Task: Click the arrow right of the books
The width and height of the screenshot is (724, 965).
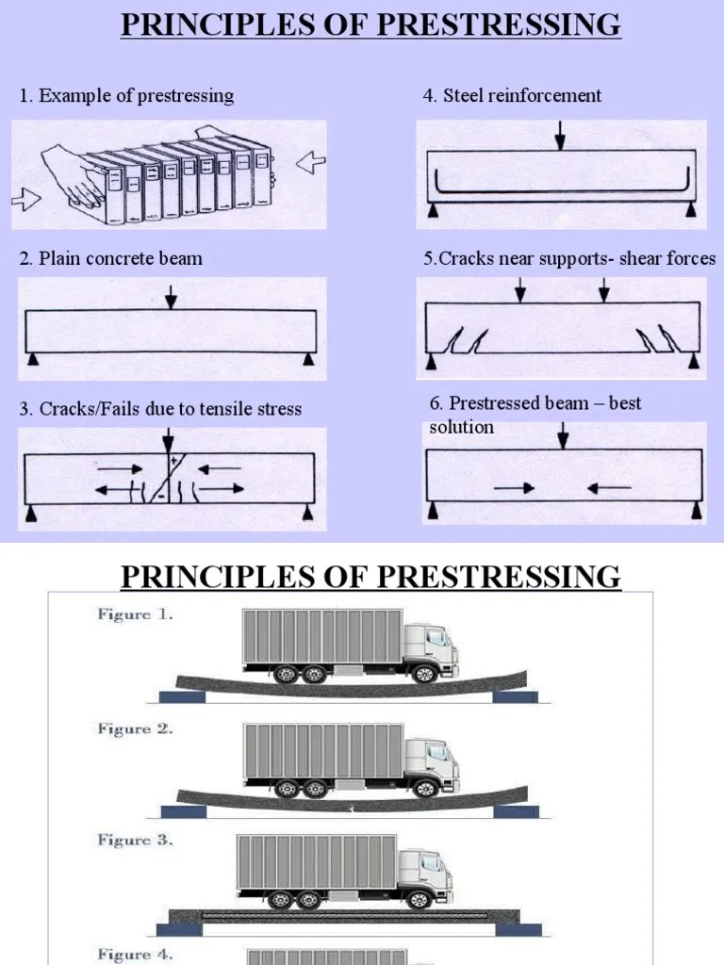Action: click(x=309, y=165)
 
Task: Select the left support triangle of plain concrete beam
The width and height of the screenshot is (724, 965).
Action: click(x=33, y=359)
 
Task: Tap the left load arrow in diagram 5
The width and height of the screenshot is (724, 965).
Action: click(x=519, y=292)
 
